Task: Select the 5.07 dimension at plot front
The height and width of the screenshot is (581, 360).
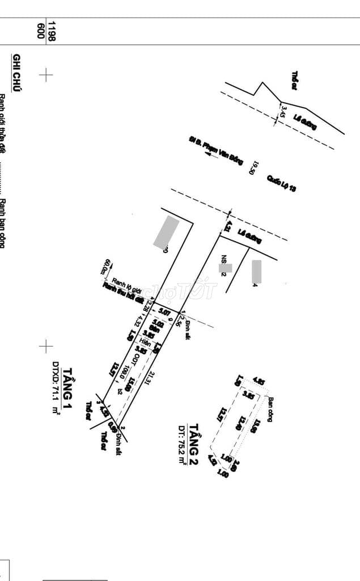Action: click(164, 311)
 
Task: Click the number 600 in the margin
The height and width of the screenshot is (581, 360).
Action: click(40, 31)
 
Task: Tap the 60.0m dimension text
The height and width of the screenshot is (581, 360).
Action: click(106, 267)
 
